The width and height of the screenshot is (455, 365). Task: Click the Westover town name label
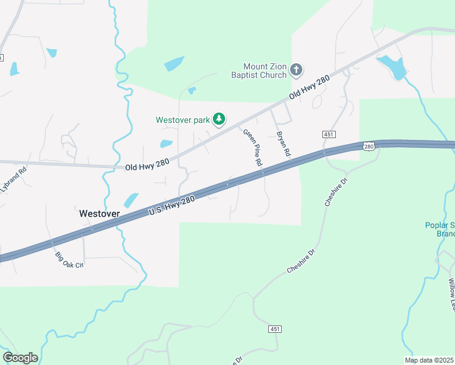coord(100,214)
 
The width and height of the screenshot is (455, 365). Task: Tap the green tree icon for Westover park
coord(220,120)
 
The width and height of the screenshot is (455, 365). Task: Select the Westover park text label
coord(182,120)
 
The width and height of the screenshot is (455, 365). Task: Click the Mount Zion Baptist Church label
coord(265,71)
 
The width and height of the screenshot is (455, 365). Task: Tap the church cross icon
coord(296,70)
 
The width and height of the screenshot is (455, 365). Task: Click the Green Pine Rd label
coord(252,148)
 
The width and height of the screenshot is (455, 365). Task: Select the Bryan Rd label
coord(282,144)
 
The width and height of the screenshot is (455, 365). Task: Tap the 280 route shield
coord(369,145)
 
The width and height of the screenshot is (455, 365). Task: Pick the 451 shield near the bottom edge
coord(274,329)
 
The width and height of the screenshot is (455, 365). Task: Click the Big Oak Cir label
coord(69,260)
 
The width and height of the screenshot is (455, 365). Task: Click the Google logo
coord(20,358)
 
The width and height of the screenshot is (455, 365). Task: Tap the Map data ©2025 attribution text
coord(429,360)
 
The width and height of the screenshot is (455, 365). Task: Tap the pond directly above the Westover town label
coord(131,200)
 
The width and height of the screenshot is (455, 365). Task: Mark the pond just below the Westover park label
coord(166,144)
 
